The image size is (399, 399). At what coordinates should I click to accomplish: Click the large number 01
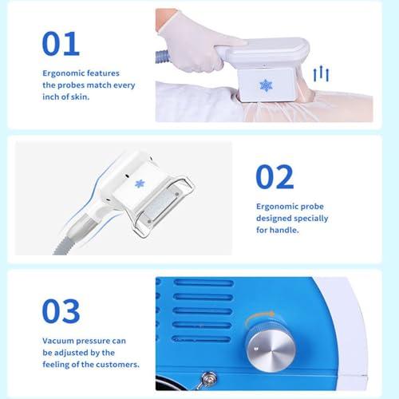pos(61,44)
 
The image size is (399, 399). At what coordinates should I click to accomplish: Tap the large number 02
pos(275,177)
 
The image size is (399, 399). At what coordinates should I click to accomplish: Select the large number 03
pos(61,311)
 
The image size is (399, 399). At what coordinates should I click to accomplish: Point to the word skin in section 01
pos(80,97)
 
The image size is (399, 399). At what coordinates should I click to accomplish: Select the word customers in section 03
pos(117,365)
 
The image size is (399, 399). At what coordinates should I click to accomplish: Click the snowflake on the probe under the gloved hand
pos(266,85)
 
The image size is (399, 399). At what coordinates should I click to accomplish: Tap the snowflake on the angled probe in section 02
pos(140,184)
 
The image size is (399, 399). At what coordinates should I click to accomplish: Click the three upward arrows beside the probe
pos(321,74)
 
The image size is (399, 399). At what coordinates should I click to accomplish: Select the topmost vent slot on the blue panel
pos(203,282)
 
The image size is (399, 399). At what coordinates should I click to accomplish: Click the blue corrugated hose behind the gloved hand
pos(161,57)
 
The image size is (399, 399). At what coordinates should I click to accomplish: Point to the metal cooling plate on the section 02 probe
pos(160,206)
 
